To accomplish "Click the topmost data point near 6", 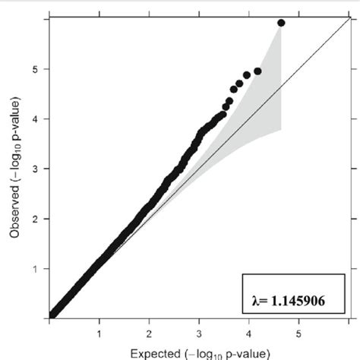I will [x=281, y=23].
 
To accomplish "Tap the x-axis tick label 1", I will [x=99, y=332].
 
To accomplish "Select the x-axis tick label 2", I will [x=150, y=332].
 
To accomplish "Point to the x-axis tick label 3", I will [x=199, y=332].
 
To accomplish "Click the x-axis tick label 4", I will [x=249, y=332].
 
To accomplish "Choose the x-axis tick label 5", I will [x=298, y=332].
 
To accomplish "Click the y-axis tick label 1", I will [x=36, y=269].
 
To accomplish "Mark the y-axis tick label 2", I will [x=36, y=219].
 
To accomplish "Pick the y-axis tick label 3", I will [x=36, y=169].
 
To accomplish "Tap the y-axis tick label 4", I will [x=36, y=119].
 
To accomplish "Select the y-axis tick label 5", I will [x=36, y=69].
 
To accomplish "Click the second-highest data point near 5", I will [x=257, y=71].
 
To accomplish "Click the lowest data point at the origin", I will [x=52, y=315].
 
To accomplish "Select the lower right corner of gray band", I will [x=281, y=130].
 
